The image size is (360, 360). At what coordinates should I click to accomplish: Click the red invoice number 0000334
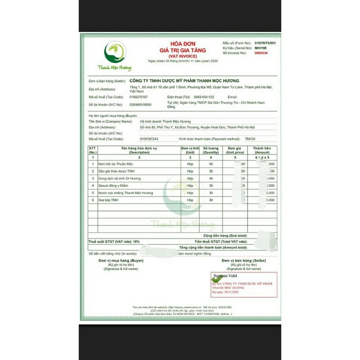(261, 53)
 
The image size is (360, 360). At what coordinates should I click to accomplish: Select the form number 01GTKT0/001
(265, 42)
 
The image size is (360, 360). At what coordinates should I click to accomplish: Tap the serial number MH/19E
(261, 47)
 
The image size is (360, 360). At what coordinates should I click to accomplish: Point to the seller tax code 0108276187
(138, 97)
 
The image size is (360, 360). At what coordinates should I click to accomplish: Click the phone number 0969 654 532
(204, 97)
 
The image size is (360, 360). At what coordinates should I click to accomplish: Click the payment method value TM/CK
(249, 139)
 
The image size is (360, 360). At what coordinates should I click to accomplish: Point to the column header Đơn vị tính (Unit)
(190, 150)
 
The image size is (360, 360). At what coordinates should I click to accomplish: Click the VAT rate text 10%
(136, 242)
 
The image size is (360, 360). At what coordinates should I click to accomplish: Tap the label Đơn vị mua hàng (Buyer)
(121, 261)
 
